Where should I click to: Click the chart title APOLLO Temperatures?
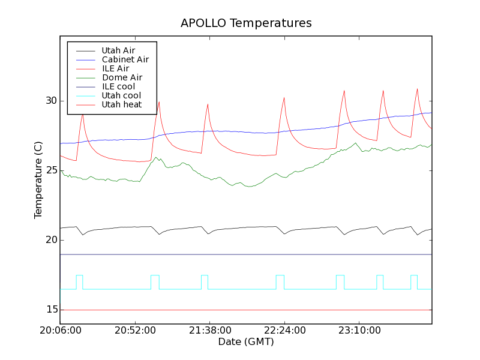(x=246, y=23)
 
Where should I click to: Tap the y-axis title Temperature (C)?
(x=38, y=180)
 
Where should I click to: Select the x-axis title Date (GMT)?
(x=246, y=342)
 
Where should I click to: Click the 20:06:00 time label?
(x=60, y=331)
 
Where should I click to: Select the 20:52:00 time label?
(x=135, y=331)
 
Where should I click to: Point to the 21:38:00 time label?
(x=209, y=331)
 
